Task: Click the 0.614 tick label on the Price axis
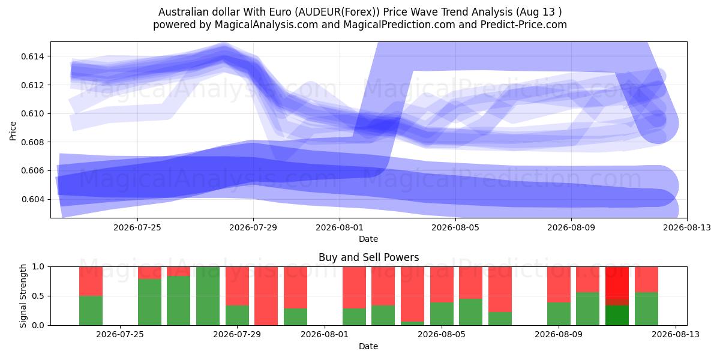click(32, 56)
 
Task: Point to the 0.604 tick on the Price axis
click(32, 200)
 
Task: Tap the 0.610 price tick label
click(32, 114)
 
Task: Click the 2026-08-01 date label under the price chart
click(340, 227)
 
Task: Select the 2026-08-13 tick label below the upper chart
click(687, 227)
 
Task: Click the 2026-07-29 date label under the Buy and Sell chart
click(237, 334)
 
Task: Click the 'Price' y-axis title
click(13, 131)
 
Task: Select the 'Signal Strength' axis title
click(23, 296)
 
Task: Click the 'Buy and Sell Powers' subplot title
click(368, 257)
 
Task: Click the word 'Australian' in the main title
click(183, 12)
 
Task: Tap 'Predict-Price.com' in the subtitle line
click(524, 25)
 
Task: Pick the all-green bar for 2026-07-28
click(208, 296)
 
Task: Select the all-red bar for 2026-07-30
click(266, 296)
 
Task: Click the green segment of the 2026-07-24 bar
click(91, 311)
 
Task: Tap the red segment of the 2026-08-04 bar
click(412, 294)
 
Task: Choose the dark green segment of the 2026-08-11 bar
click(617, 316)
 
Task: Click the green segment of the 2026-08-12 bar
click(646, 308)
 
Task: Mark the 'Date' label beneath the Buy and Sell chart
click(368, 346)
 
